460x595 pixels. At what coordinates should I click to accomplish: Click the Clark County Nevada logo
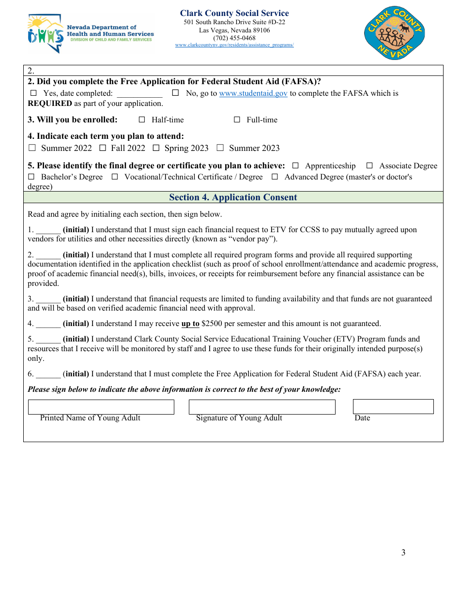click(x=394, y=33)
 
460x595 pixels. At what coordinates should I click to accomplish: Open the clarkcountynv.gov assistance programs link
click(x=234, y=45)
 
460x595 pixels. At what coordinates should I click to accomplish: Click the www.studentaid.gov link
click(x=253, y=93)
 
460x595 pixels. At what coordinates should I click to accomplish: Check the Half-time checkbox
click(x=142, y=119)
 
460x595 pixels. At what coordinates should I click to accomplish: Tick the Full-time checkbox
click(x=237, y=119)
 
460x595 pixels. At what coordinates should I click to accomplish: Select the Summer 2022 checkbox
click(x=32, y=148)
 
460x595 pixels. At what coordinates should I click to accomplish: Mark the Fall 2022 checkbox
click(x=102, y=148)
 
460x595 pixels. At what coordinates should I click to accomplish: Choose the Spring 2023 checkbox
click(x=156, y=148)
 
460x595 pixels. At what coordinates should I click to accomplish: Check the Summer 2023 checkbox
click(x=220, y=148)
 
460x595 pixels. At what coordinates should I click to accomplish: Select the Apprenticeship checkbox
click(x=295, y=166)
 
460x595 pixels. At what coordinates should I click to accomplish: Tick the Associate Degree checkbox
click(x=369, y=166)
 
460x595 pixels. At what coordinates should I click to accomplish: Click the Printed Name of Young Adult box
click(x=101, y=407)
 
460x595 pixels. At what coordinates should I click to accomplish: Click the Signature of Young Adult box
click(x=261, y=407)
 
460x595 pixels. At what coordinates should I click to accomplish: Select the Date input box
click(x=393, y=407)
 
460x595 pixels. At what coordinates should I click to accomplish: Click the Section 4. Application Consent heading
click(x=233, y=197)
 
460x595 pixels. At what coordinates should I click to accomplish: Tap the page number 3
click(x=403, y=552)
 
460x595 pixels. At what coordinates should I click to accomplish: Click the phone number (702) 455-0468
click(x=234, y=38)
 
